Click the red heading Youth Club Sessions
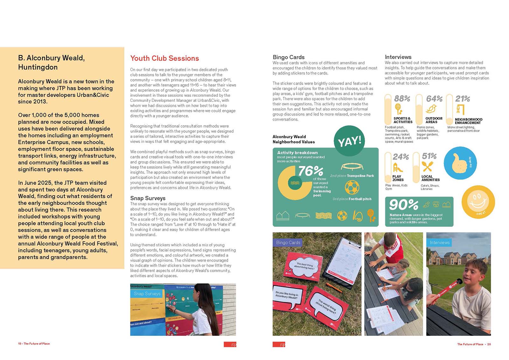tap(164, 58)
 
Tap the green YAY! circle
tap(349, 141)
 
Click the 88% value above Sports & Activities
tap(402, 99)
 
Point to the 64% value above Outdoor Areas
tap(434, 99)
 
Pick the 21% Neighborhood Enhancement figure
tap(463, 99)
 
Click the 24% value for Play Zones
tap(401, 157)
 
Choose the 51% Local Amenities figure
tap(429, 156)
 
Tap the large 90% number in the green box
tap(403, 205)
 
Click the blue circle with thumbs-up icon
tap(460, 163)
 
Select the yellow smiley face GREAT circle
tap(478, 202)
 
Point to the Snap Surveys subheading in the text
tap(148, 198)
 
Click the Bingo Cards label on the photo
tap(288, 243)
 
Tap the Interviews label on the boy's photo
tap(439, 243)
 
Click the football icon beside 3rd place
tap(352, 187)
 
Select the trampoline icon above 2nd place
tap(352, 167)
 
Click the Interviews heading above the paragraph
tap(398, 57)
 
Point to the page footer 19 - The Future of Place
tap(34, 344)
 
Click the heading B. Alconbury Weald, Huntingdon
tap(52, 62)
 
